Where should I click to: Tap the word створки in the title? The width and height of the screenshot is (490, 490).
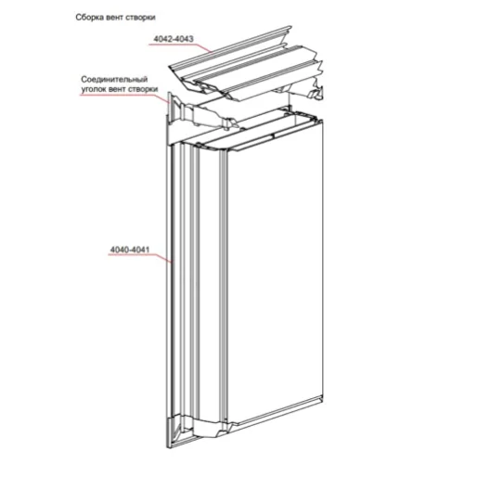[x=140, y=18]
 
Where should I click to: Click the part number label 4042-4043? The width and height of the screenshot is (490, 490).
[x=174, y=39]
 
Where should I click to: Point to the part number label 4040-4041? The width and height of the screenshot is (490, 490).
[x=130, y=250]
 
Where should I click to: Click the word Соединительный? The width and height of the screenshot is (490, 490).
[x=114, y=79]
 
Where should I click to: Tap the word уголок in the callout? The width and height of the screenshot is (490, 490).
[x=94, y=89]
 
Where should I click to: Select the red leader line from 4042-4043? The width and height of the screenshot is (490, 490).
[x=180, y=47]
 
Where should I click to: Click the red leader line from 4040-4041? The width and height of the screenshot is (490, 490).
[x=140, y=257]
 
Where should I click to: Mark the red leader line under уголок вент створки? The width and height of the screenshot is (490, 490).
[x=124, y=97]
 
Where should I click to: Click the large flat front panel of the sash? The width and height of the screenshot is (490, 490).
[x=275, y=275]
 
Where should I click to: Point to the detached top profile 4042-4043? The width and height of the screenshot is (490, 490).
[x=245, y=67]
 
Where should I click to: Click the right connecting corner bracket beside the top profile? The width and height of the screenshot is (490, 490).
[x=309, y=91]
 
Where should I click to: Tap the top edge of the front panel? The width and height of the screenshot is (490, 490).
[x=275, y=135]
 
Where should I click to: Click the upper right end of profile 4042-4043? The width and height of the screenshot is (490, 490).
[x=290, y=27]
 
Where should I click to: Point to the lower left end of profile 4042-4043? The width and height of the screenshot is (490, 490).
[x=169, y=67]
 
